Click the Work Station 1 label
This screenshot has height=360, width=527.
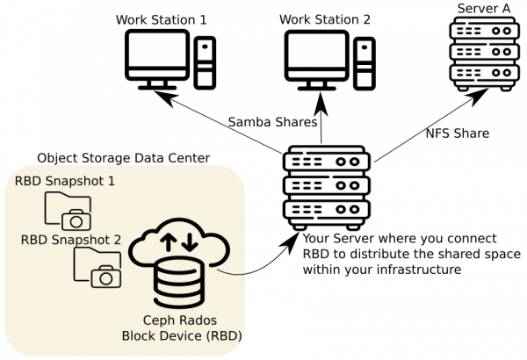point(161,18)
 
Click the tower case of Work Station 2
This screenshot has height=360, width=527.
point(366,61)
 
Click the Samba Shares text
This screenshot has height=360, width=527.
point(273,121)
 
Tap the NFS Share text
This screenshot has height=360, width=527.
point(458,134)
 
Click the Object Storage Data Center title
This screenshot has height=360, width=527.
point(123,158)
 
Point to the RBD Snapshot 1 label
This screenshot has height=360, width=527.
point(65,182)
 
